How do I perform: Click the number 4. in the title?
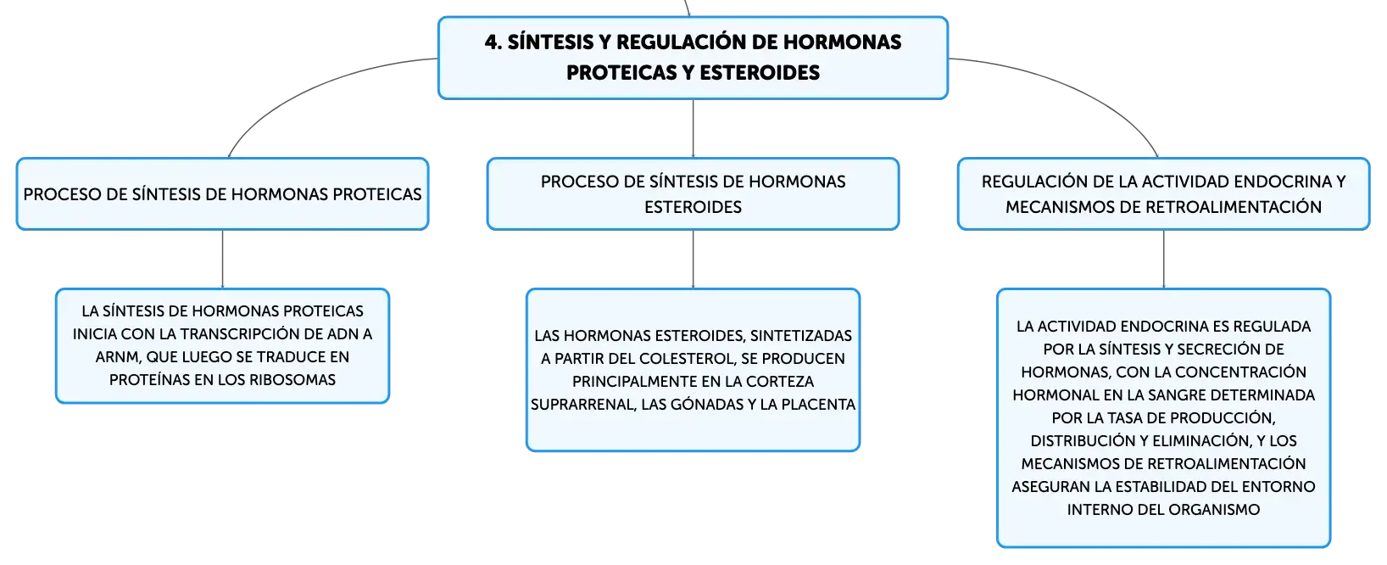coord(493,42)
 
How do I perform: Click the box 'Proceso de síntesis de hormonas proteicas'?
coord(222,194)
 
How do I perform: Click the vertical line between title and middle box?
coord(693,128)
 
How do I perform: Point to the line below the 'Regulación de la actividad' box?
coord(1163,259)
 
